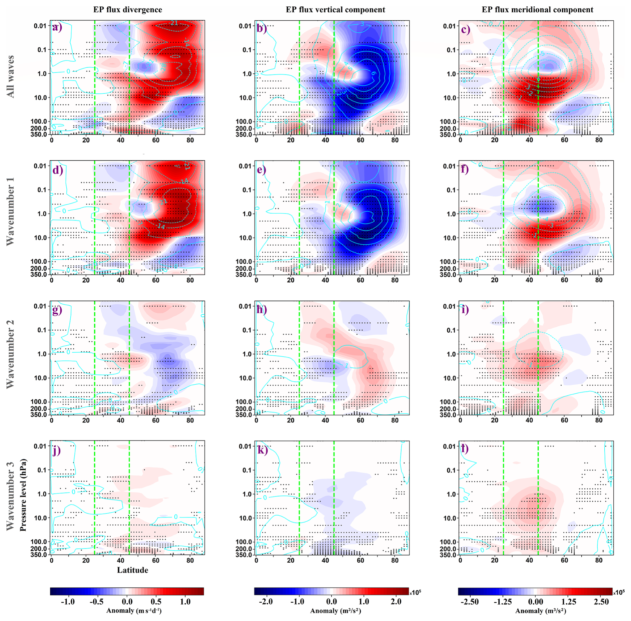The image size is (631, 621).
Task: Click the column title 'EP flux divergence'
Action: [x=127, y=10]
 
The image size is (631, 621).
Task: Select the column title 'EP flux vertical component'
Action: [x=335, y=10]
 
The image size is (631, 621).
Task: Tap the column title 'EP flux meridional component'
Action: [x=537, y=10]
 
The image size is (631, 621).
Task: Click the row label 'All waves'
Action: [x=11, y=76]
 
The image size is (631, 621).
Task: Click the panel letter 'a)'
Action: [x=57, y=27]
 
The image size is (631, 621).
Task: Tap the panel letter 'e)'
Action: [x=261, y=169]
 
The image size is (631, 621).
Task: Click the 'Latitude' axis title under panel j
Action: [x=132, y=570]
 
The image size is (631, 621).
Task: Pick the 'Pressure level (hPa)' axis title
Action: [x=23, y=495]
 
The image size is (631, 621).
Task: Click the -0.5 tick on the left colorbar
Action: [x=96, y=602]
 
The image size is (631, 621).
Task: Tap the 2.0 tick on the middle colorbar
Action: [x=396, y=602]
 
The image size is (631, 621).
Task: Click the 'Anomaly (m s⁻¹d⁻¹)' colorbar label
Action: [x=134, y=611]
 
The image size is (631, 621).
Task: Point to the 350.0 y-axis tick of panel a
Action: [x=40, y=134]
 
